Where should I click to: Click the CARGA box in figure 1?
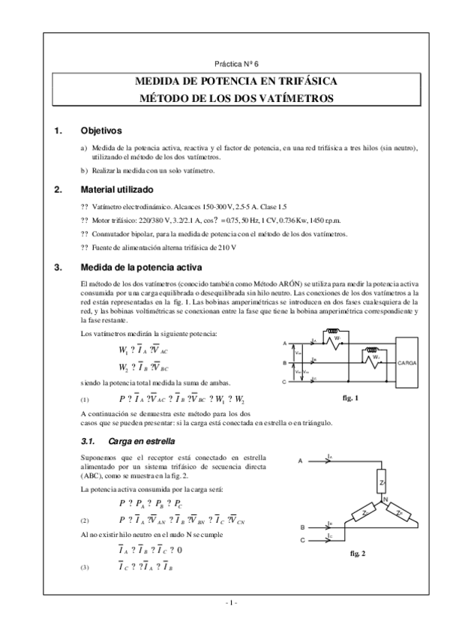tap(408, 362)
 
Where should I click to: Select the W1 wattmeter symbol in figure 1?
tap(337, 338)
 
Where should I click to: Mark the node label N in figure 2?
tap(385, 499)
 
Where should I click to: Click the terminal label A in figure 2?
tap(301, 460)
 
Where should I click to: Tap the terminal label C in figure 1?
tap(285, 382)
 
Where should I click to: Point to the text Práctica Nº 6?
tap(236, 65)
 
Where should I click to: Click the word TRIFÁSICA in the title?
tap(295, 81)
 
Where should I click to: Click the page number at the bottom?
tap(231, 603)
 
